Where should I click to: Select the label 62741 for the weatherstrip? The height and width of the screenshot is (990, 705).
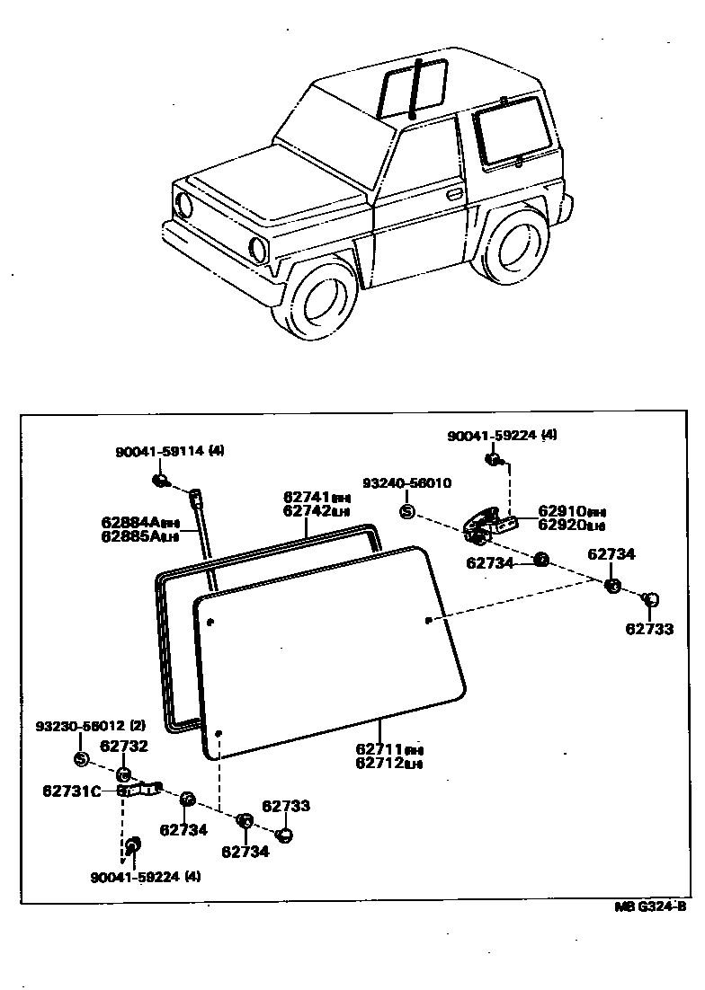(303, 497)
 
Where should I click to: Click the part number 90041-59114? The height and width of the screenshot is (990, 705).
(159, 454)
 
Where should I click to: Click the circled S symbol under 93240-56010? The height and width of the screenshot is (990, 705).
(406, 512)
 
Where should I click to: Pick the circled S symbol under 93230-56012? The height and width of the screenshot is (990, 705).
(80, 759)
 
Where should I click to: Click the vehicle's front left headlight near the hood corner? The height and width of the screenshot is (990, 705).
(184, 205)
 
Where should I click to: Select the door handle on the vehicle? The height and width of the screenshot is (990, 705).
(454, 194)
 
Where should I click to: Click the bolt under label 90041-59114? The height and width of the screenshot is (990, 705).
(160, 482)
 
